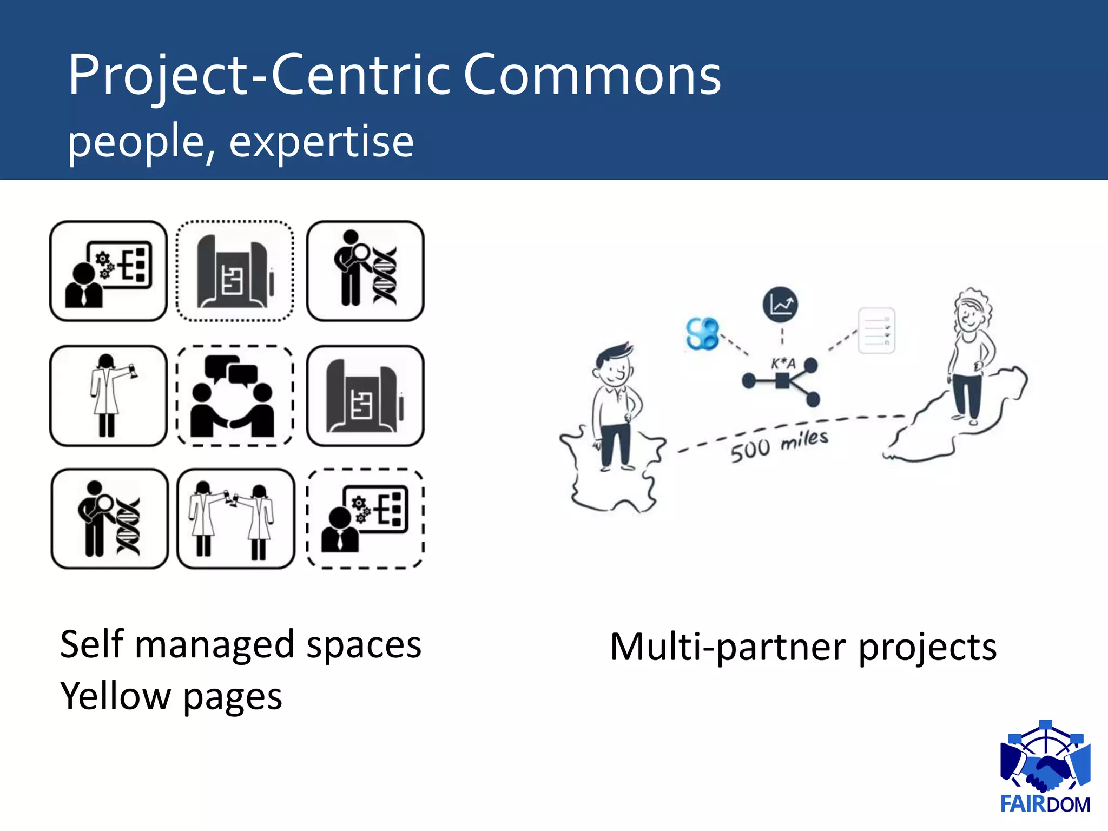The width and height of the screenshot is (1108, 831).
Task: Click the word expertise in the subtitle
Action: (321, 142)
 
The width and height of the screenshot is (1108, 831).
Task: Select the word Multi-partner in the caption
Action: (727, 647)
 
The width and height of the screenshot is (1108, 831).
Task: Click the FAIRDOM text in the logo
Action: (1045, 804)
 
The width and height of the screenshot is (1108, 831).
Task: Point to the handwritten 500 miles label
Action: (779, 445)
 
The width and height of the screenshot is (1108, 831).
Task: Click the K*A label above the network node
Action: (783, 364)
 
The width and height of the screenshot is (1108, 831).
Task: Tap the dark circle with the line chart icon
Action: (780, 305)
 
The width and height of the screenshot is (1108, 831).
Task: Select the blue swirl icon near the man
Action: (702, 333)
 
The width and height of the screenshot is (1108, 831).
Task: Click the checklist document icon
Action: (876, 331)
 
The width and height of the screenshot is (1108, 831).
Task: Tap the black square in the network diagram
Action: (782, 381)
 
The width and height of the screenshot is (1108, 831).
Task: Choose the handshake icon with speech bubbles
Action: (235, 395)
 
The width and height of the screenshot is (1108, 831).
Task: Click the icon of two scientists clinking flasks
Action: (236, 519)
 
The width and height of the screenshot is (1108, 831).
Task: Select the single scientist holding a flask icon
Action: (108, 395)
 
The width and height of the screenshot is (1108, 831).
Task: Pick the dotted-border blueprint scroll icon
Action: (235, 271)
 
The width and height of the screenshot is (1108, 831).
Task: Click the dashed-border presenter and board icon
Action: (365, 519)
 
